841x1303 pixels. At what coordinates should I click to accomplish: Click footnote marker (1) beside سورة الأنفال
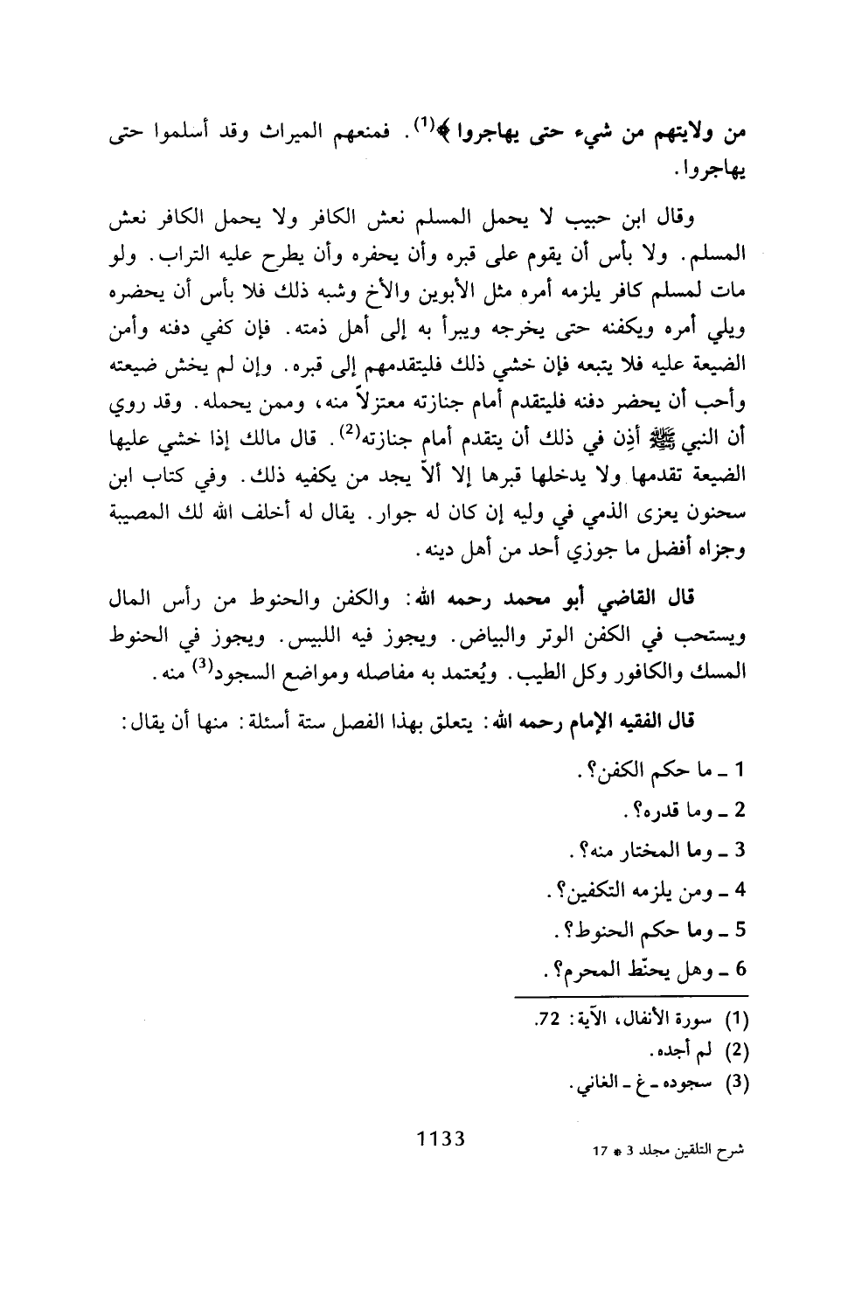tap(740, 1019)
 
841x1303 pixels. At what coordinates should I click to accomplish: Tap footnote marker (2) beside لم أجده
tap(740, 1050)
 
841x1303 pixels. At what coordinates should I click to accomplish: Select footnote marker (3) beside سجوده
tap(740, 1082)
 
